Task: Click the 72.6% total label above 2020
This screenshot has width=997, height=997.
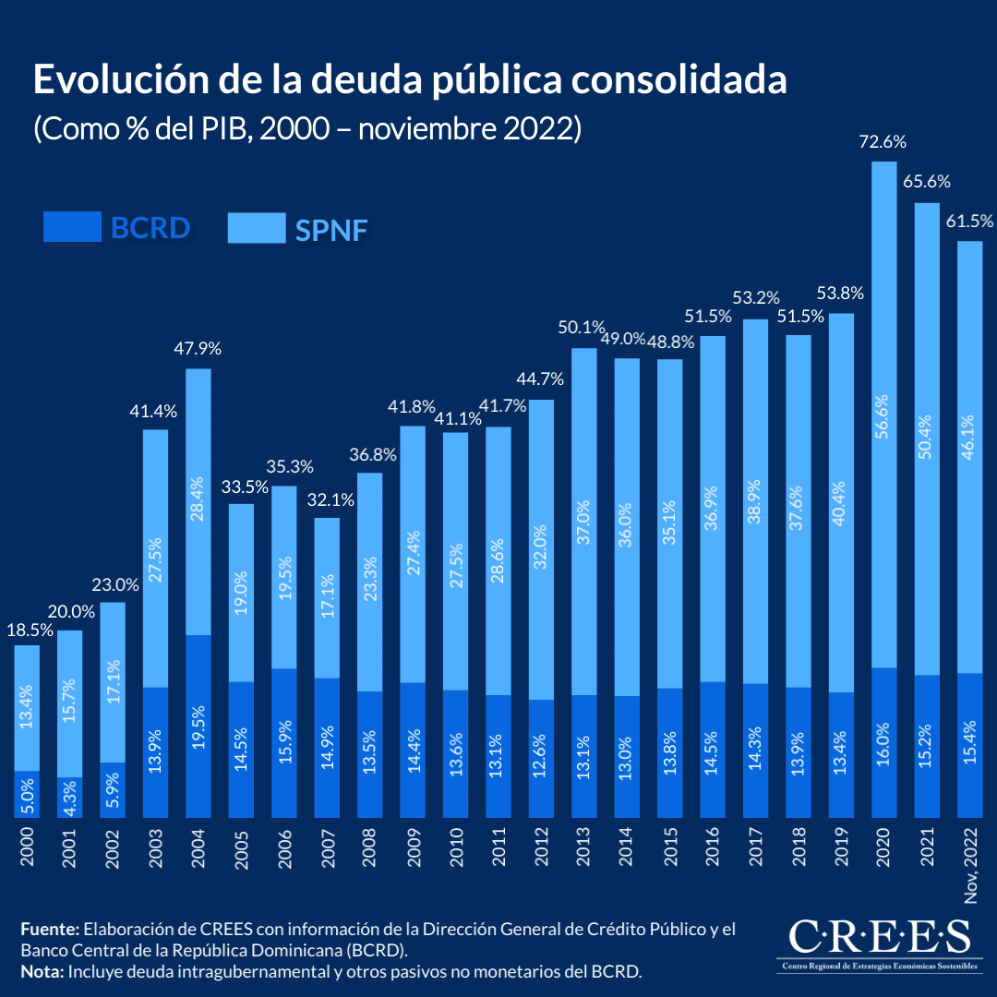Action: click(x=883, y=142)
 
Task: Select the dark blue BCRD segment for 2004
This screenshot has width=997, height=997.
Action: click(x=198, y=726)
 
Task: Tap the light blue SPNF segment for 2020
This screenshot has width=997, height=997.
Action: click(x=883, y=415)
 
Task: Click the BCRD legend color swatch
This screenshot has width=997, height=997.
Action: click(x=72, y=227)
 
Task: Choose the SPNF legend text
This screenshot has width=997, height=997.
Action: click(x=331, y=229)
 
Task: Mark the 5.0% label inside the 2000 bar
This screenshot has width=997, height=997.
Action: click(x=28, y=795)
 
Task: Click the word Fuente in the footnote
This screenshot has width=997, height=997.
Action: click(x=48, y=929)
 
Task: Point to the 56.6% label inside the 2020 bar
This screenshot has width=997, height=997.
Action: click(x=884, y=415)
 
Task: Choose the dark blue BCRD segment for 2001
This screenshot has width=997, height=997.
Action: click(x=70, y=798)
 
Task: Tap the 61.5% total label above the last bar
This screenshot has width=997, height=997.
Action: click(x=969, y=222)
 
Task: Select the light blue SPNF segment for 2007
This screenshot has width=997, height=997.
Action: click(x=327, y=598)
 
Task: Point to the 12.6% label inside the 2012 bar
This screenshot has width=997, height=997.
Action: click(x=541, y=758)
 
